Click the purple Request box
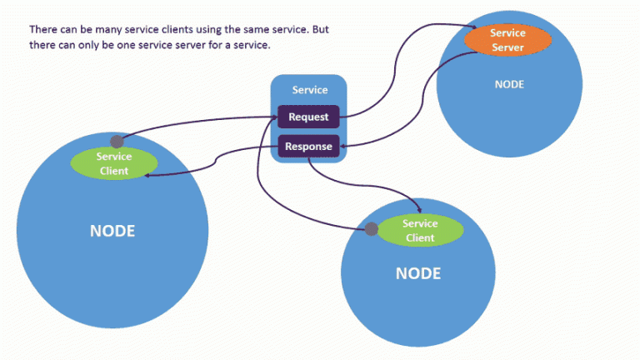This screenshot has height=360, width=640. click(308, 117)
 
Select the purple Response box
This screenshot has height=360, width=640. click(308, 147)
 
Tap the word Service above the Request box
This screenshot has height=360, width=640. click(309, 90)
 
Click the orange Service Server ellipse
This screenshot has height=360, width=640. click(507, 40)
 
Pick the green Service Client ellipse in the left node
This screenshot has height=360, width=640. click(113, 163)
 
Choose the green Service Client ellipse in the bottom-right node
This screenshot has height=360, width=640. click(419, 231)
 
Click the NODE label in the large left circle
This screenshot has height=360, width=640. click(112, 231)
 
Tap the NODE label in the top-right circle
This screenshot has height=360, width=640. click(510, 84)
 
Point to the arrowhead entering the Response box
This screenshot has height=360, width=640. click(344, 147)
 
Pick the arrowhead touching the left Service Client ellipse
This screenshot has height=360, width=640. click(149, 174)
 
